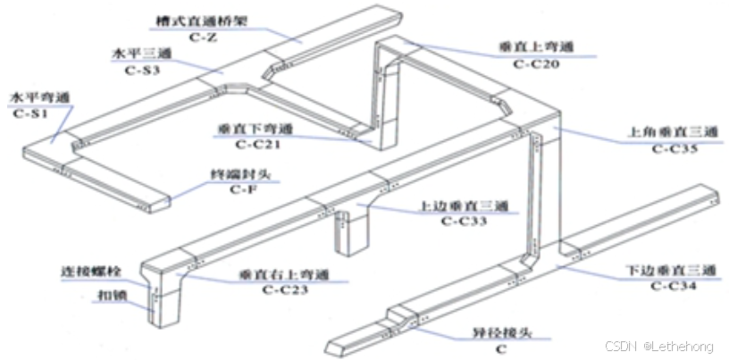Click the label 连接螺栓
click(x=92, y=271)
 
